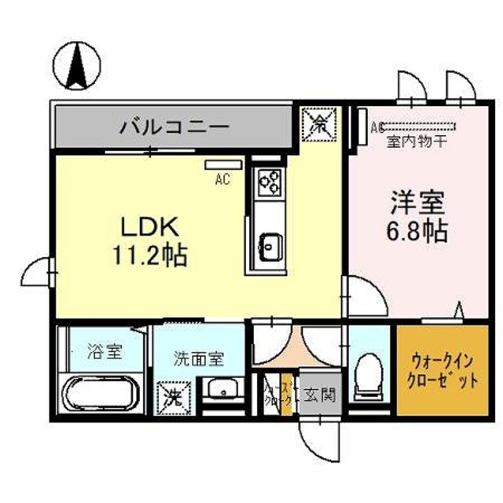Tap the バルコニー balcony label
point(174,126)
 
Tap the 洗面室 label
point(199,359)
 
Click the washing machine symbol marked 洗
point(173,395)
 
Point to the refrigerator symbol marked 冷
point(319,123)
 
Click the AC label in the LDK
point(222,180)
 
